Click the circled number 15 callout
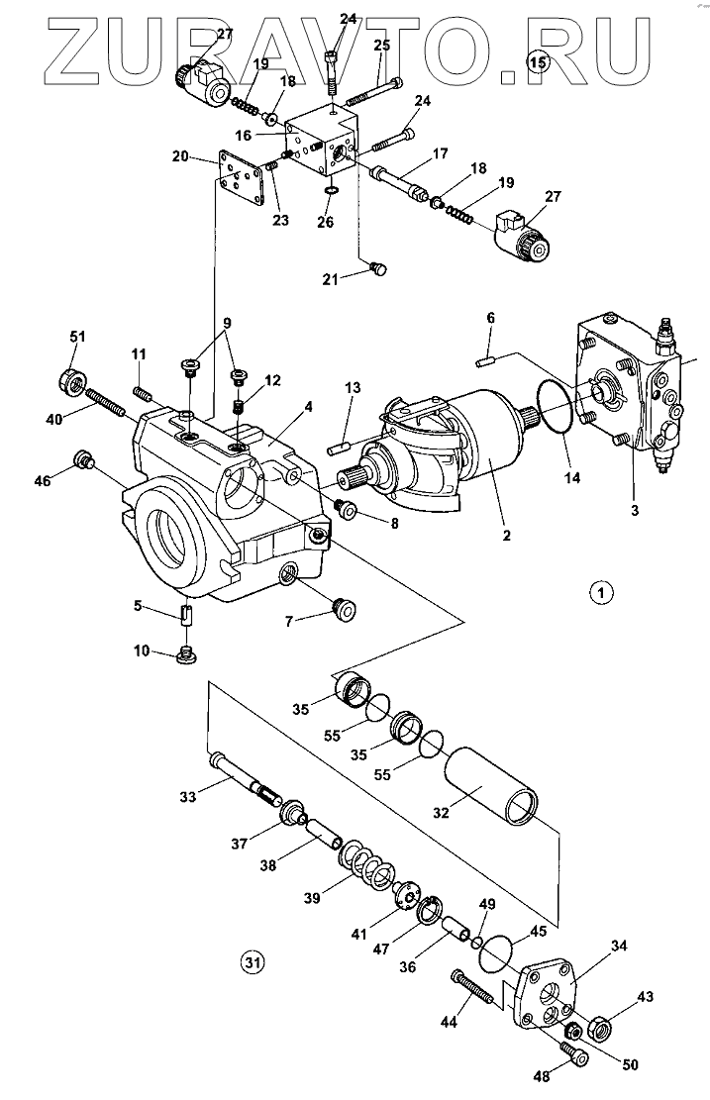(x=538, y=63)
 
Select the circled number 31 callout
(x=254, y=959)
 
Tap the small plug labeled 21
(x=375, y=267)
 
